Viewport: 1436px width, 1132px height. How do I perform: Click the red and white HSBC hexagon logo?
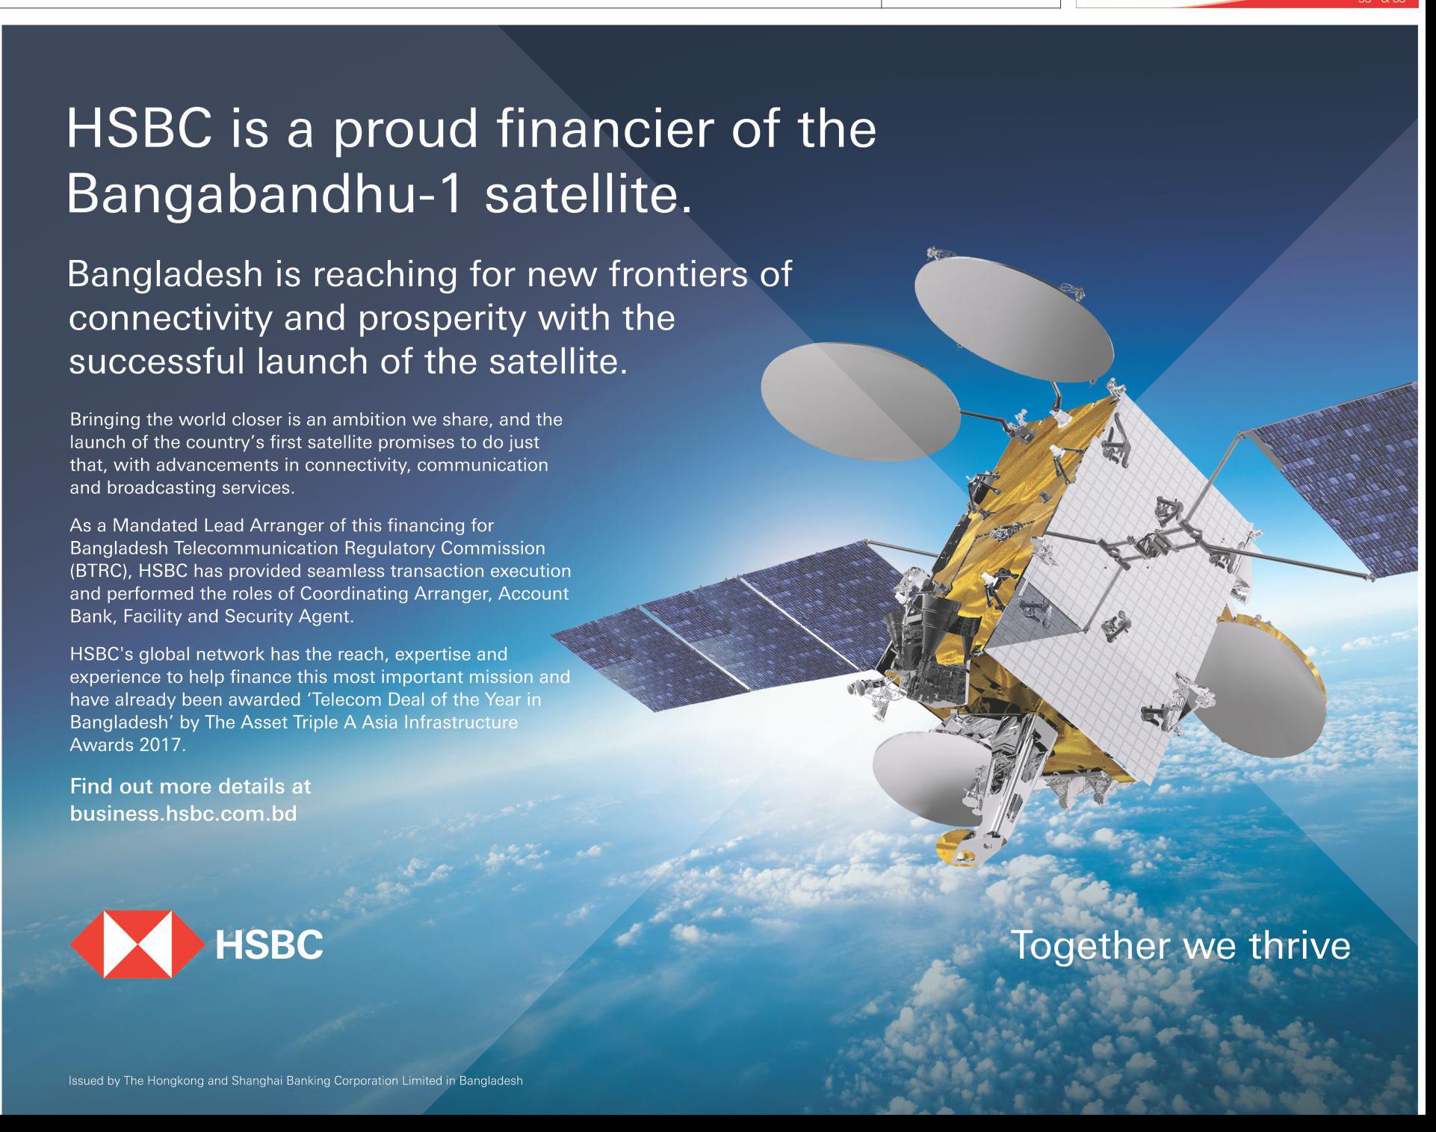(x=137, y=944)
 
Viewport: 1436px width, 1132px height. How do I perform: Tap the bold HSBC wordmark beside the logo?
(x=269, y=944)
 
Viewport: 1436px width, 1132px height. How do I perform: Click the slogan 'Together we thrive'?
(x=1180, y=945)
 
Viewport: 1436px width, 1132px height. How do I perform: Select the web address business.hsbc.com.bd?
(x=184, y=813)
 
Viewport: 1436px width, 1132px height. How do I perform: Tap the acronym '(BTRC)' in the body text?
(x=100, y=571)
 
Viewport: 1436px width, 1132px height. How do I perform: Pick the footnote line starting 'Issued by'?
(x=296, y=1080)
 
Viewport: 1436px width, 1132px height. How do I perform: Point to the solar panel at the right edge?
(x=1337, y=478)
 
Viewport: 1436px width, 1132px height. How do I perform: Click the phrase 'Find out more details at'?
(x=191, y=786)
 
